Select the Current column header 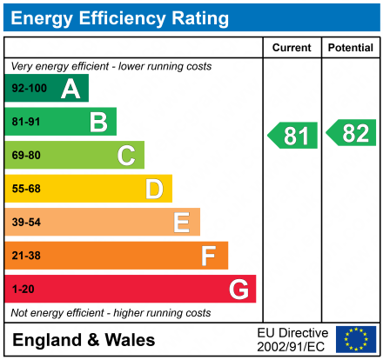292,48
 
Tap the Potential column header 351,48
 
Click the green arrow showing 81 292,136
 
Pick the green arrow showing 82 352,133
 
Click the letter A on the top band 71,89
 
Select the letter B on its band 98,122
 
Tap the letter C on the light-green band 126,156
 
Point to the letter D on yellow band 154,189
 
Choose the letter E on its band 181,223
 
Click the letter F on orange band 209,256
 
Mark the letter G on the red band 238,289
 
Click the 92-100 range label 29,89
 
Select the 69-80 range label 26,156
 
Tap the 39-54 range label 26,223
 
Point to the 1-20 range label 24,289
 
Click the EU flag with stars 356,339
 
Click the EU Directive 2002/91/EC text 292,339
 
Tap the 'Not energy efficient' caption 111,312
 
